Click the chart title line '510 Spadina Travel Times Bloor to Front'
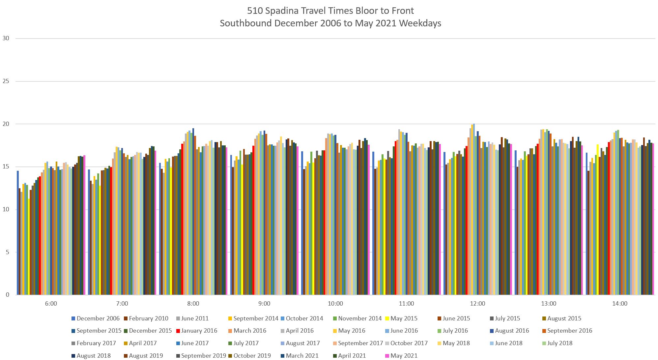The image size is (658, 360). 330,11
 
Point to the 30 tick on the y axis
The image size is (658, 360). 6,38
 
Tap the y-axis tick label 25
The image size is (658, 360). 6,81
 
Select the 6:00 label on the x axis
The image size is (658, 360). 51,304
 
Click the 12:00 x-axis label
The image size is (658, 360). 477,304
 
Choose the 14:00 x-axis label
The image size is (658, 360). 620,304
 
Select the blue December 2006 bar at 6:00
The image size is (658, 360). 18,233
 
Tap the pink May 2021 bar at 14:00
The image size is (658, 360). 653,219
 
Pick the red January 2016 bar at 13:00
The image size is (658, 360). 538,219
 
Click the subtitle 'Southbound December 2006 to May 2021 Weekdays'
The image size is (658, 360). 330,23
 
